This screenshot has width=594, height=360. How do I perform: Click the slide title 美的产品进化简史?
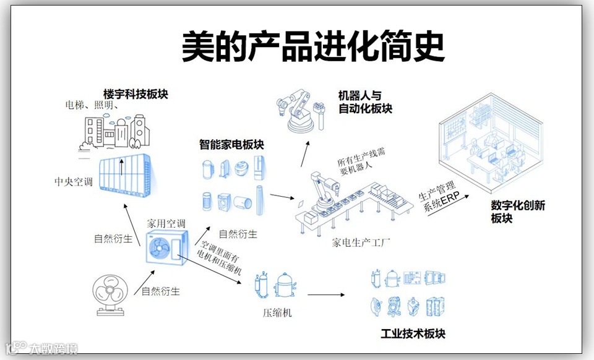(313, 47)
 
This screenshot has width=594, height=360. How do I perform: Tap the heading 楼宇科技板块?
(136, 95)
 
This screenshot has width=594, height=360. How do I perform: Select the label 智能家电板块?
(231, 145)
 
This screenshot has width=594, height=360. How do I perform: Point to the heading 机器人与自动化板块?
(365, 102)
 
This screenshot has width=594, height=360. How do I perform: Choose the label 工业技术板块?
(413, 334)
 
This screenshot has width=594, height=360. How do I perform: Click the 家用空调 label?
(166, 223)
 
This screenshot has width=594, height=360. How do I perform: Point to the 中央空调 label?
(74, 182)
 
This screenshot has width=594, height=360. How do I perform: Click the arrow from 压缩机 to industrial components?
(326, 295)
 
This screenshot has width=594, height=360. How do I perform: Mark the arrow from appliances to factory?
(282, 198)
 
